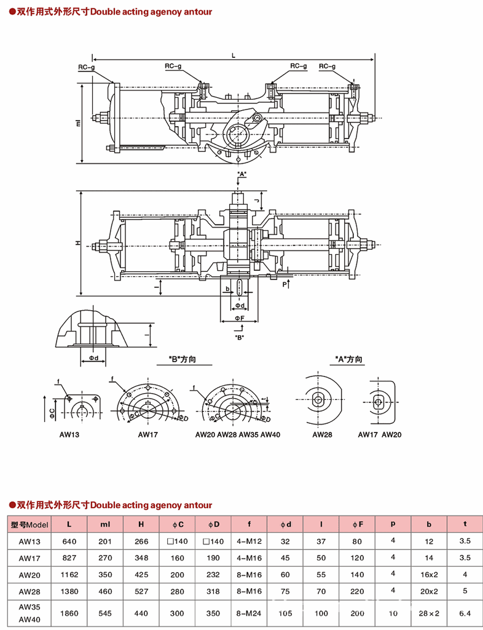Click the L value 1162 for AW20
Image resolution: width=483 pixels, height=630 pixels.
pyautogui.click(x=69, y=574)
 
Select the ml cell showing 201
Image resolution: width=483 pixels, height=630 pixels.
pyautogui.click(x=104, y=541)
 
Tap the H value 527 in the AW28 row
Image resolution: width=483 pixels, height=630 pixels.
pyautogui.click(x=141, y=591)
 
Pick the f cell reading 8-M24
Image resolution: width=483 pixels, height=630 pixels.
pyautogui.click(x=249, y=613)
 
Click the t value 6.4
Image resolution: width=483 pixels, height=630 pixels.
pyautogui.click(x=465, y=613)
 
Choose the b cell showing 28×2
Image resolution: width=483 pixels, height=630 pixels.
pyautogui.click(x=430, y=613)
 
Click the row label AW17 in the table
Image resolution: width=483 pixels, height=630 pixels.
pyautogui.click(x=29, y=558)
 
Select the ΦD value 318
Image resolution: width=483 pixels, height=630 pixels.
pyautogui.click(x=213, y=591)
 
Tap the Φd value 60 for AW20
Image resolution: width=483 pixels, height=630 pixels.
pyautogui.click(x=285, y=574)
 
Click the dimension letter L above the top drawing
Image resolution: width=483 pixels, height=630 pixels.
pyautogui.click(x=234, y=55)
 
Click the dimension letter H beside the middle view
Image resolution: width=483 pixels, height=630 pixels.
pyautogui.click(x=78, y=243)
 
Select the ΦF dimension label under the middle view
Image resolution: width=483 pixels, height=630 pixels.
pyautogui.click(x=239, y=318)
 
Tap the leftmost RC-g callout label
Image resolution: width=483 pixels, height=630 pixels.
pyautogui.click(x=87, y=66)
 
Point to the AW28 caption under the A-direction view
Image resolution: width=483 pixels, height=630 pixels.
pyautogui.click(x=322, y=434)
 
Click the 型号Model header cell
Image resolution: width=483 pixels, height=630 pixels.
pyautogui.click(x=29, y=525)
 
